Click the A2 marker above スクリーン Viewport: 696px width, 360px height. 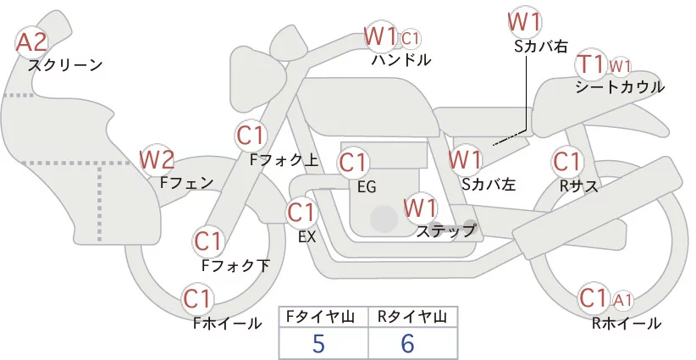click(31, 42)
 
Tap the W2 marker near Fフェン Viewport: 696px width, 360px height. click(157, 160)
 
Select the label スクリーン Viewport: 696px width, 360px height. click(66, 66)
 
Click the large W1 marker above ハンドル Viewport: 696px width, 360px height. click(380, 36)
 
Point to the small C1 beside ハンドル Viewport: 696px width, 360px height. click(410, 39)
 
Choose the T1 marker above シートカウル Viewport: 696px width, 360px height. click(591, 65)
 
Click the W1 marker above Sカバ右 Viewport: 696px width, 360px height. click(525, 22)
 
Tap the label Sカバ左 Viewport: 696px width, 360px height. click(489, 184)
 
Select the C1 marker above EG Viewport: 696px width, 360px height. click(353, 163)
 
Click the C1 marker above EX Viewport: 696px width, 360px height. click(301, 213)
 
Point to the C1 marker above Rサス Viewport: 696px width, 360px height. click(566, 162)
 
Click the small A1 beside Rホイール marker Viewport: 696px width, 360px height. click(622, 301)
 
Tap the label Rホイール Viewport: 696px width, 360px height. click(627, 324)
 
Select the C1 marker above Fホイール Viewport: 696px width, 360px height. click(197, 299)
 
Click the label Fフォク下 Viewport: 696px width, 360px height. click(235, 265)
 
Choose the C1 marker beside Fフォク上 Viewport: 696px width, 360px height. click(251, 136)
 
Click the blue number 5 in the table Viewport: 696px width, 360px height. click(318, 343)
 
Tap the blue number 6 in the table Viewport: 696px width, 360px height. click(407, 343)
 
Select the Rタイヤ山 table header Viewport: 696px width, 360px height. click(412, 317)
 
